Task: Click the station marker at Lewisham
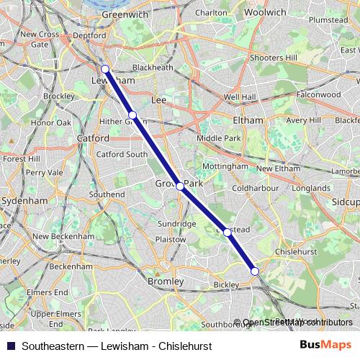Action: (x=105, y=69)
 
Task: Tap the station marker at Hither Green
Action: (x=132, y=115)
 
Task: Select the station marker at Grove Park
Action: (x=180, y=186)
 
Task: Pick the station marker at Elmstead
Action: (x=228, y=232)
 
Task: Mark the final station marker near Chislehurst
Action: (x=254, y=271)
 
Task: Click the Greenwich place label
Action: (x=105, y=14)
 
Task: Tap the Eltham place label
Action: (x=248, y=120)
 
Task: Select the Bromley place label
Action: (x=165, y=281)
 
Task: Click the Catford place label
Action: (x=93, y=138)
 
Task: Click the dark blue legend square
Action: (x=10, y=346)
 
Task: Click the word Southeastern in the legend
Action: (x=53, y=346)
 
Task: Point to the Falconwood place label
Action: (x=318, y=94)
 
